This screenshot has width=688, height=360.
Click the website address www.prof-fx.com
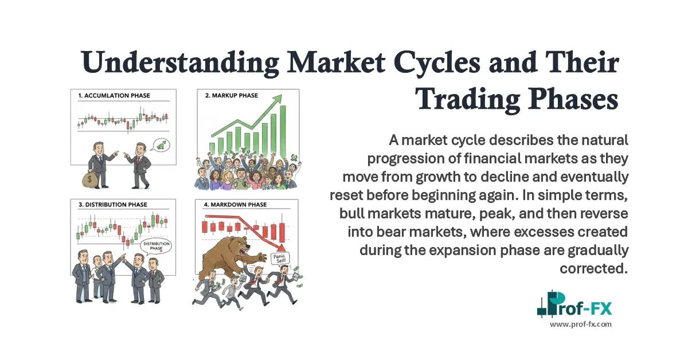point(581,324)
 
